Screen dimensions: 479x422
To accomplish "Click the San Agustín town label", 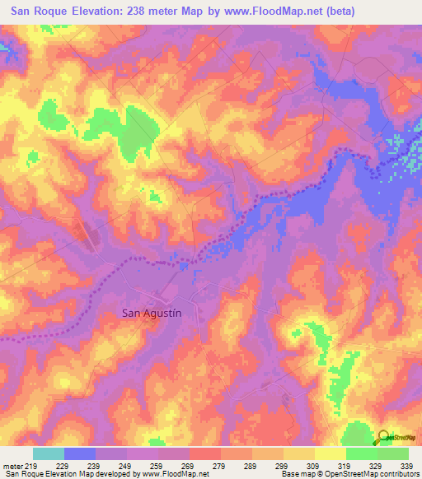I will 151,313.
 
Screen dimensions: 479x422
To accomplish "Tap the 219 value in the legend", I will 32,465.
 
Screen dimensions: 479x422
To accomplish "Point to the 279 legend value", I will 221,465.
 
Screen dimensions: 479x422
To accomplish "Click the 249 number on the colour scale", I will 127,465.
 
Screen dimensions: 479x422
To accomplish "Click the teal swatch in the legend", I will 49,453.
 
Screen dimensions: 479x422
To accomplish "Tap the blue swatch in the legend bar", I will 80,453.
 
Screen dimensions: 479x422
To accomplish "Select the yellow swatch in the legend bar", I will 331,453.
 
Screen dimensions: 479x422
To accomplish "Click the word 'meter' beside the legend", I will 12,465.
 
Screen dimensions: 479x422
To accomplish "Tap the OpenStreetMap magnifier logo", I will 384,438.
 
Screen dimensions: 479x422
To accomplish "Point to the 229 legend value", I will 63,465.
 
